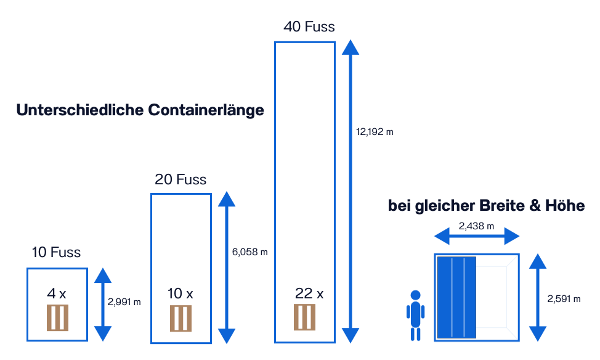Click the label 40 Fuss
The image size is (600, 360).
coord(309,27)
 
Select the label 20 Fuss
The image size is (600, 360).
coord(180,179)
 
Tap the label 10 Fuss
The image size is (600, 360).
coord(57,252)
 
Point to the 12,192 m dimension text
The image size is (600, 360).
coord(375,131)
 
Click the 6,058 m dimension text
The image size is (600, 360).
coord(250,252)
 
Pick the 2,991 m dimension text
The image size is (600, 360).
coord(124,302)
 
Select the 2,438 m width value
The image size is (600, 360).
coord(476,226)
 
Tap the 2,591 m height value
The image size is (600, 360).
coord(564,298)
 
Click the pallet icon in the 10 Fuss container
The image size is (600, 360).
coord(57,317)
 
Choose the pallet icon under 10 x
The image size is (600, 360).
coord(180,319)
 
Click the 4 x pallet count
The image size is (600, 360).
coord(57,293)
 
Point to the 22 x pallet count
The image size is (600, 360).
coord(309,293)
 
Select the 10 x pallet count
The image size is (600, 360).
coord(180,293)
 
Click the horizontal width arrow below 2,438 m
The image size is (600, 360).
coord(477,235)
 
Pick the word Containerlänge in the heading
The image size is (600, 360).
coord(206,110)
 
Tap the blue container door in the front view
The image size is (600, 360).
coord(457,297)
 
